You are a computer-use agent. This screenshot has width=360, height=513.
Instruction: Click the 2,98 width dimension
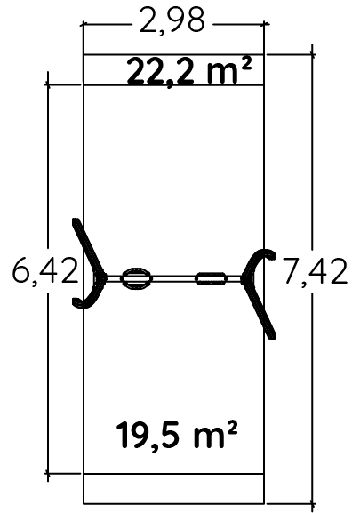click(x=172, y=21)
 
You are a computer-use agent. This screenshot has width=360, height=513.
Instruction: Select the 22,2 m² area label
click(x=189, y=71)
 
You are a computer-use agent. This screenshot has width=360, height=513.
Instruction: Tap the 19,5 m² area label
click(x=177, y=435)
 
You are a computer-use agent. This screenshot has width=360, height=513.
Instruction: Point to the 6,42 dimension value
click(x=45, y=271)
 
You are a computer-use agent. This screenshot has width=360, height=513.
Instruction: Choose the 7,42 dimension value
click(x=315, y=271)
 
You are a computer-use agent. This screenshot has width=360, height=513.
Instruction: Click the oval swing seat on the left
click(x=136, y=279)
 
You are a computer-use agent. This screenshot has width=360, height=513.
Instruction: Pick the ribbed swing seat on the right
click(x=212, y=279)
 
